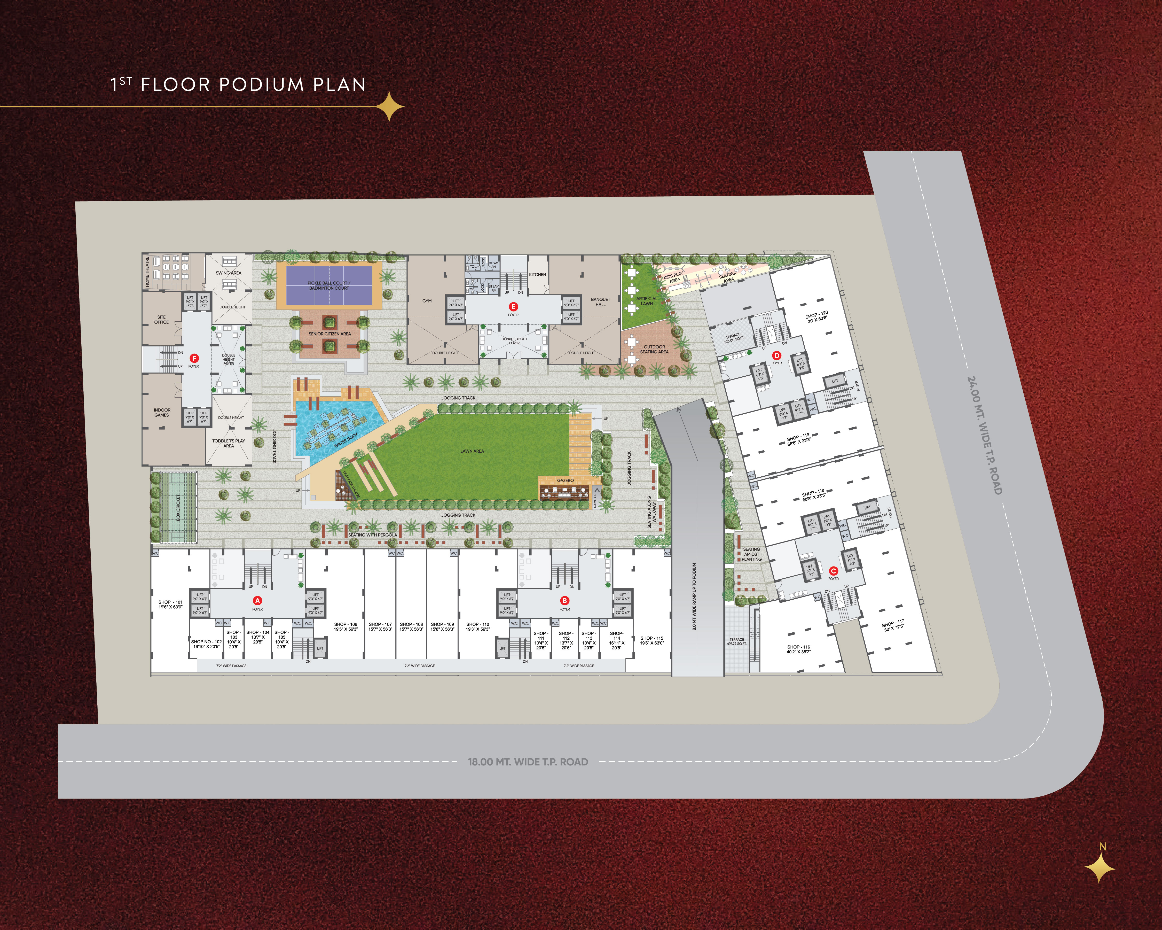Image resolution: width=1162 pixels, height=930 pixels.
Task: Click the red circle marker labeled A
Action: [x=258, y=601]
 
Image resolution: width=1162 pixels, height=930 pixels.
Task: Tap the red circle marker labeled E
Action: [x=513, y=307]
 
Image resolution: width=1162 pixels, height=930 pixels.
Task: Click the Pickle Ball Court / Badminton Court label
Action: [x=329, y=285]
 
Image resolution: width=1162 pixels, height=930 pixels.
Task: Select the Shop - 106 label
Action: [x=346, y=626]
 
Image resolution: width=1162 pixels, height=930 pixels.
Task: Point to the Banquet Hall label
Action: [x=600, y=302]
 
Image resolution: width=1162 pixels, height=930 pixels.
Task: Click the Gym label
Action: [x=427, y=301]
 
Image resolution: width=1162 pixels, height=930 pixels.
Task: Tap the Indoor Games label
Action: [x=162, y=413]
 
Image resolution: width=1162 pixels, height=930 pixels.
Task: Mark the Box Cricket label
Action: [x=178, y=507]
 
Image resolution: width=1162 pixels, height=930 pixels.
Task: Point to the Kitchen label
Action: [x=537, y=274]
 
